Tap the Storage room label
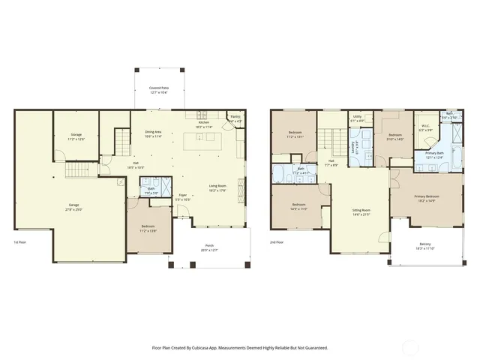[76, 136]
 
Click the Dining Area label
[154, 133]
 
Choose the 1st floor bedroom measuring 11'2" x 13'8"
[148, 228]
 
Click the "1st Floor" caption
[22, 242]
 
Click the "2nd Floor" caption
[277, 242]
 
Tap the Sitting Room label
[362, 211]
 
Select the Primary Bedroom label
[426, 197]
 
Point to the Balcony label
[425, 244]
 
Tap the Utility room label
[358, 117]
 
